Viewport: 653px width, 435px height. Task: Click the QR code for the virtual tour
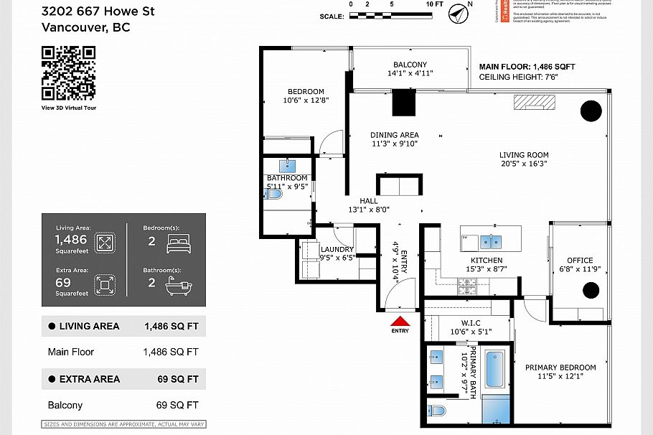pyautogui.click(x=68, y=72)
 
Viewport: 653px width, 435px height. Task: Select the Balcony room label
pyautogui.click(x=410, y=65)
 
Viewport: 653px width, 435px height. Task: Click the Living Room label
pyautogui.click(x=524, y=155)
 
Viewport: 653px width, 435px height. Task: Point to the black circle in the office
pyautogui.click(x=590, y=290)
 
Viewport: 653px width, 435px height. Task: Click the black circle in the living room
pyautogui.click(x=591, y=111)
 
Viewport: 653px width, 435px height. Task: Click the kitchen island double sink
pyautogui.click(x=495, y=240)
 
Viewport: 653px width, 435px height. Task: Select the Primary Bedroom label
pyautogui.click(x=560, y=368)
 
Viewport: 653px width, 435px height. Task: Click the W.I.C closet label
pyautogui.click(x=471, y=322)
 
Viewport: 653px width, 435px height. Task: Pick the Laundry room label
pyautogui.click(x=337, y=249)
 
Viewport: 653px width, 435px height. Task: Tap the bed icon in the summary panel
pyautogui.click(x=177, y=242)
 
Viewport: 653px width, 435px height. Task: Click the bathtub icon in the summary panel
pyautogui.click(x=177, y=286)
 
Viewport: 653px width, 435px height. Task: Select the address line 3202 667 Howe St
pyautogui.click(x=98, y=11)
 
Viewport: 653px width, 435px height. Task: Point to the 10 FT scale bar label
pyautogui.click(x=434, y=4)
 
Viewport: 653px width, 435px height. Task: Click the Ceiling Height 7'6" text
pyautogui.click(x=518, y=77)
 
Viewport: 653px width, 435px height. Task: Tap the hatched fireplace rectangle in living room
pyautogui.click(x=534, y=102)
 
